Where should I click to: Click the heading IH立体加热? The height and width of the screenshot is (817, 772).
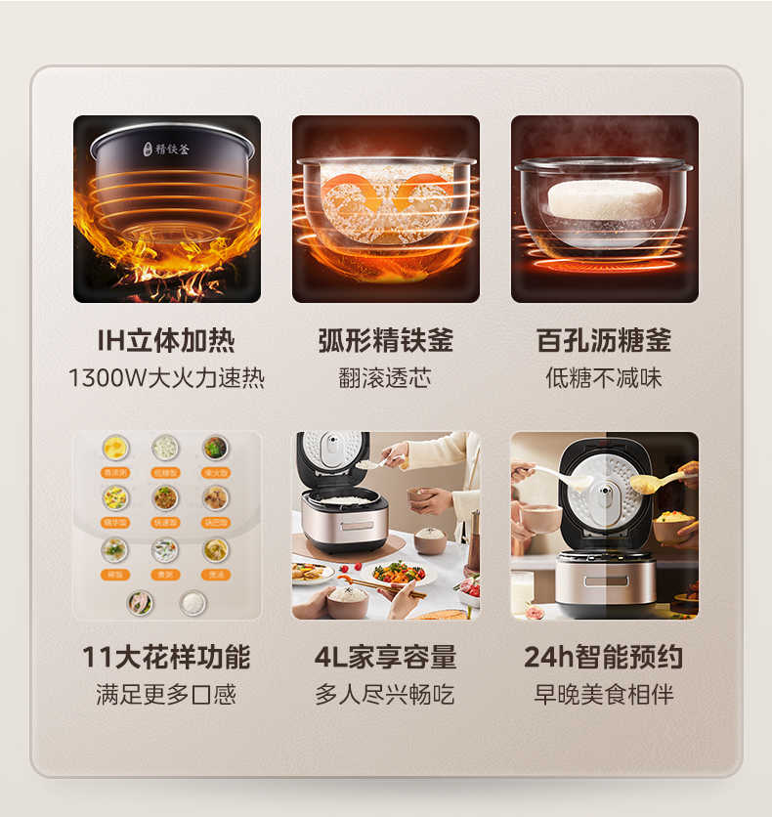(166, 341)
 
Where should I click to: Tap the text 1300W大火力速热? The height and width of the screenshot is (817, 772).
(166, 378)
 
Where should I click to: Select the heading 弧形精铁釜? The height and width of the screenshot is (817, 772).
(385, 341)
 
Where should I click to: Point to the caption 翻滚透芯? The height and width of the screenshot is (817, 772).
(385, 378)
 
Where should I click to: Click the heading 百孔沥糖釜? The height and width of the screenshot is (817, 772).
(604, 341)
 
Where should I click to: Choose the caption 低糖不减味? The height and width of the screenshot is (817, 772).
(604, 378)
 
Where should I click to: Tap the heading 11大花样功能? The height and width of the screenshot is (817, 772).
(166, 657)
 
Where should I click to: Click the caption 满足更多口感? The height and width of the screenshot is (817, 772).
(166, 695)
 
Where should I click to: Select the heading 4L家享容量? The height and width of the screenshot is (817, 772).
(385, 657)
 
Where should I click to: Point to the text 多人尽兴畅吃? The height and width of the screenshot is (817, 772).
(385, 695)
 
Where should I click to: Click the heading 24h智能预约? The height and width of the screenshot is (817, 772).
(604, 657)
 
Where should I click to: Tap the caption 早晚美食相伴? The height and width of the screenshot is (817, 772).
(604, 695)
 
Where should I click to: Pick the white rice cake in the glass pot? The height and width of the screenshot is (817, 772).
(604, 198)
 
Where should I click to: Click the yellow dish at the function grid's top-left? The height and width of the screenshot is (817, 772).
(115, 448)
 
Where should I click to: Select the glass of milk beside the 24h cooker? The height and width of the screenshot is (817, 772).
(523, 592)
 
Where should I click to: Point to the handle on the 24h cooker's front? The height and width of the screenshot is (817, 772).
(606, 580)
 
